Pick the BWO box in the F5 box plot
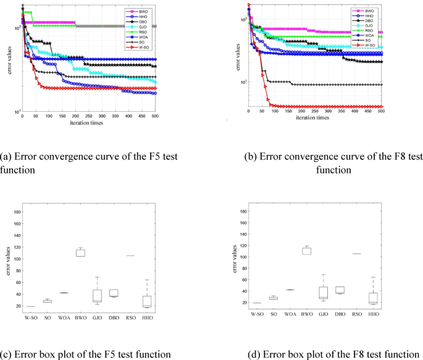tap(80, 252)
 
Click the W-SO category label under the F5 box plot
tap(30, 314)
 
